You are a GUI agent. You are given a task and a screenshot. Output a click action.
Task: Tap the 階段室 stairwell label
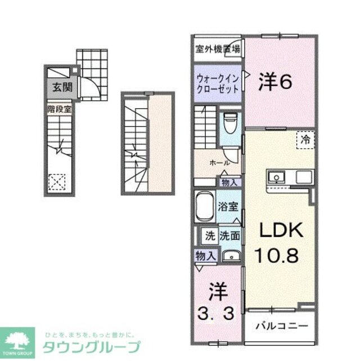pos(58,110)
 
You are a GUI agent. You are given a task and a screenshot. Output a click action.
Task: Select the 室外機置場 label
pos(218,49)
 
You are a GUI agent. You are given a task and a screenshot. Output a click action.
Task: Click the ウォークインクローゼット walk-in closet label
pos(218,83)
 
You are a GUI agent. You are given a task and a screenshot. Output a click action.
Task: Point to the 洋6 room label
pos(275,83)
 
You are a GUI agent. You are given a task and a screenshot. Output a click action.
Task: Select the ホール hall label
pos(219,163)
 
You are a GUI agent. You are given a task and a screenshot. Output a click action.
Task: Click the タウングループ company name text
pos(91,346)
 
